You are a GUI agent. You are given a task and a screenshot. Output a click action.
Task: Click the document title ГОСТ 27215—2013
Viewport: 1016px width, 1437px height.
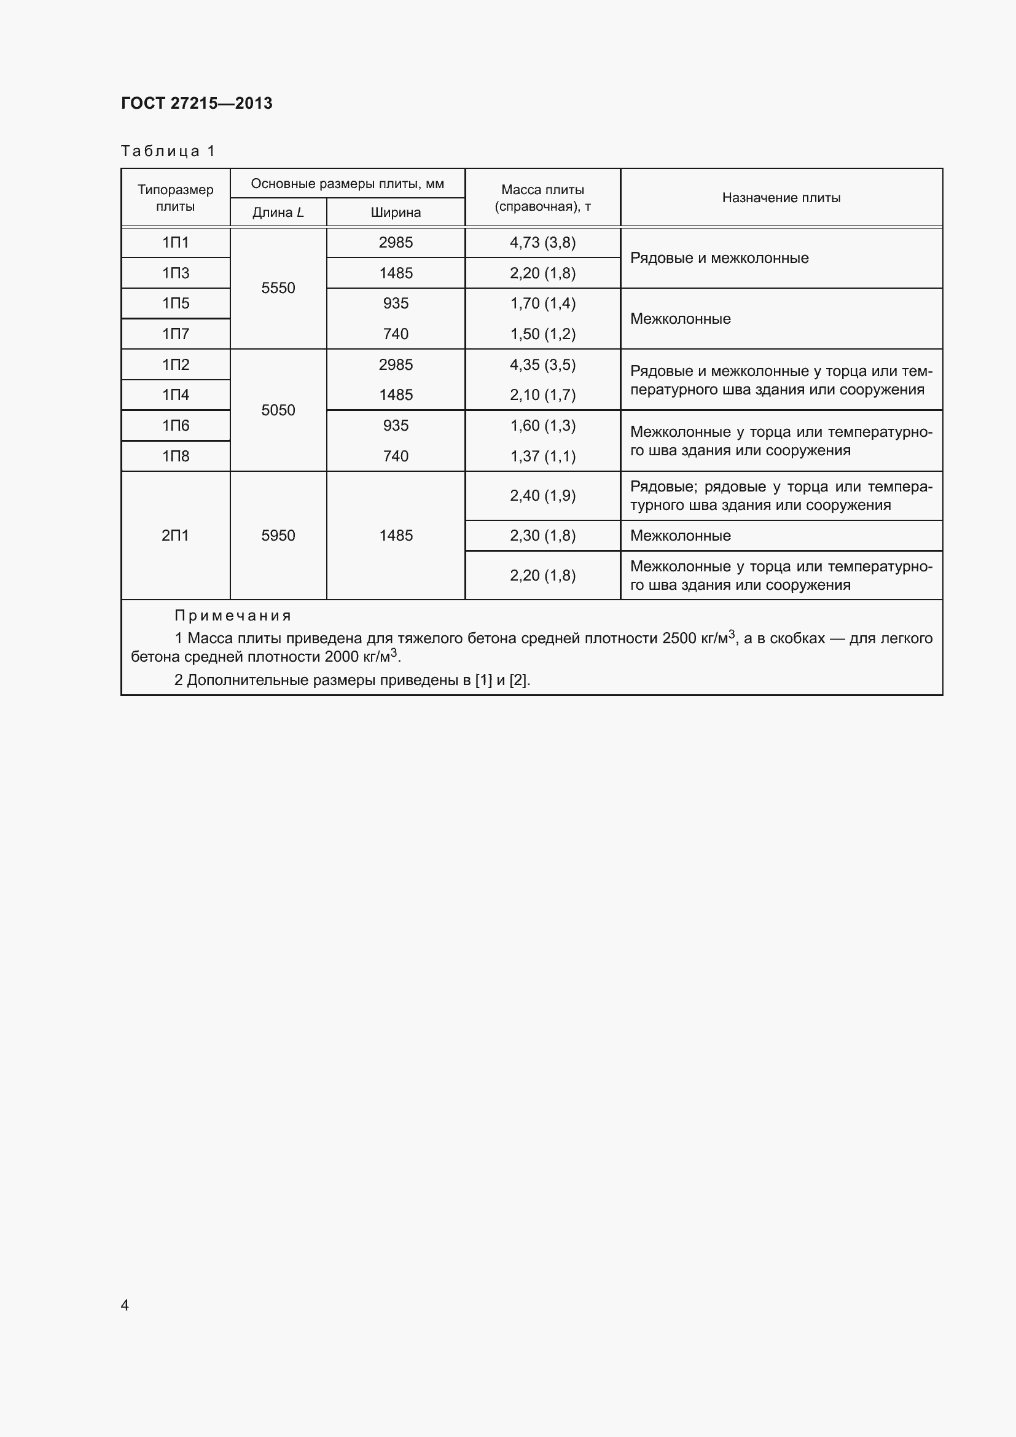[x=197, y=103]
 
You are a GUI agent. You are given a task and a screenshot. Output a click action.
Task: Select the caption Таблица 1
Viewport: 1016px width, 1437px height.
[x=168, y=151]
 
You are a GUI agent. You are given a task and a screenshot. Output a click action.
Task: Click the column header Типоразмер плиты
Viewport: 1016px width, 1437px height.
[x=175, y=198]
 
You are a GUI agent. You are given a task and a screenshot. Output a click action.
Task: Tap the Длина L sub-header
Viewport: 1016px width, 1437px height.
[x=278, y=213]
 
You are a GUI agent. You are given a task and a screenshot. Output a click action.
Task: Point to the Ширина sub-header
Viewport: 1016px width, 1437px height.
[x=396, y=213]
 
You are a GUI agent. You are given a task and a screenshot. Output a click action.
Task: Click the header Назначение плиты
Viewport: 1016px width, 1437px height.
[x=781, y=198]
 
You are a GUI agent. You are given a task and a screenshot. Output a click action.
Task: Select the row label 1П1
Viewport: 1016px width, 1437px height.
[x=175, y=243]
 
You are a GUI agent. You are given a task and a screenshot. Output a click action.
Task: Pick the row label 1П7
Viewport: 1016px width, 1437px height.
[x=175, y=334]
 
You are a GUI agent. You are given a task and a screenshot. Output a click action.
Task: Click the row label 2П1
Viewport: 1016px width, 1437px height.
[x=175, y=536]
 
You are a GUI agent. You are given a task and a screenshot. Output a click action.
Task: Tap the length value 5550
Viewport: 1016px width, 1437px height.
[x=278, y=288]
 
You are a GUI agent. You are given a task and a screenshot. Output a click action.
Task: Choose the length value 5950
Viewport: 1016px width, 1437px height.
[x=278, y=536]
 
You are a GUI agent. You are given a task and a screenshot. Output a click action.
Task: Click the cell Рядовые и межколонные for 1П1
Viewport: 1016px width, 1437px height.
[x=719, y=258]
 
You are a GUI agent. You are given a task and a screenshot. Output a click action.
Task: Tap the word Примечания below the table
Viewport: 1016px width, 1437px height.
[x=233, y=616]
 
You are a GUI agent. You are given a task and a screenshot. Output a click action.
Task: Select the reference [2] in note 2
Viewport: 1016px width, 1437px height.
[x=518, y=680]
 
